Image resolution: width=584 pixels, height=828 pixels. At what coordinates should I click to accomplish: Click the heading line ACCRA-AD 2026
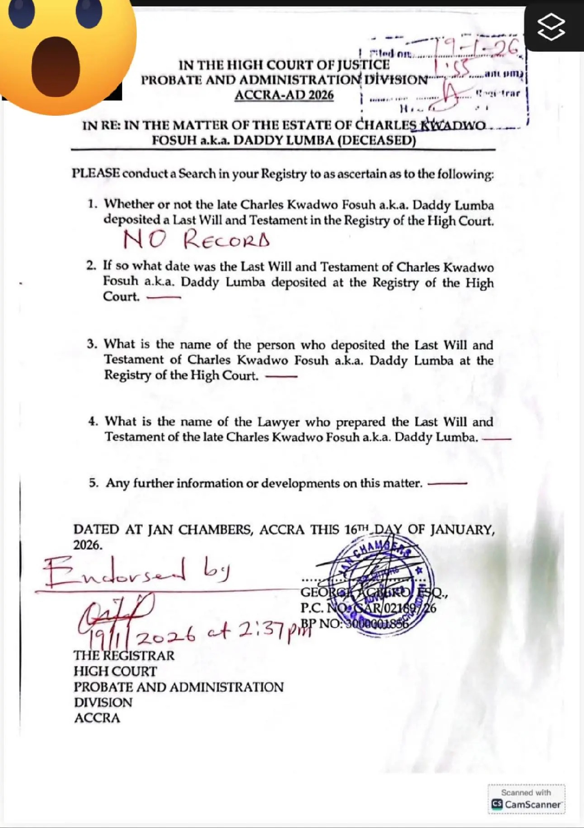click(284, 94)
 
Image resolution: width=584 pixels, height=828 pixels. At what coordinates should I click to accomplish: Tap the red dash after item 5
click(447, 484)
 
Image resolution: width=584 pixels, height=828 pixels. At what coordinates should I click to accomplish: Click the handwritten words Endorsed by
click(136, 570)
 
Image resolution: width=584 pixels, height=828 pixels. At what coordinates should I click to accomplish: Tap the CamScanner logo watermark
click(527, 805)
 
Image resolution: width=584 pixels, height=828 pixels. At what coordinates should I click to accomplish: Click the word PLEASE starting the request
click(96, 174)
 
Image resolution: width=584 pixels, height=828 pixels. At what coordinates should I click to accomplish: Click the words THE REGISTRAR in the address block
click(124, 655)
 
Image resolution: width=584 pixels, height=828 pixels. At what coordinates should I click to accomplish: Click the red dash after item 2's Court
click(163, 297)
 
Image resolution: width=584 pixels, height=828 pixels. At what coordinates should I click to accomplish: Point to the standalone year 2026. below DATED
click(88, 545)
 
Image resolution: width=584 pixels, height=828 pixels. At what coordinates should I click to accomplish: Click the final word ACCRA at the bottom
click(97, 718)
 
